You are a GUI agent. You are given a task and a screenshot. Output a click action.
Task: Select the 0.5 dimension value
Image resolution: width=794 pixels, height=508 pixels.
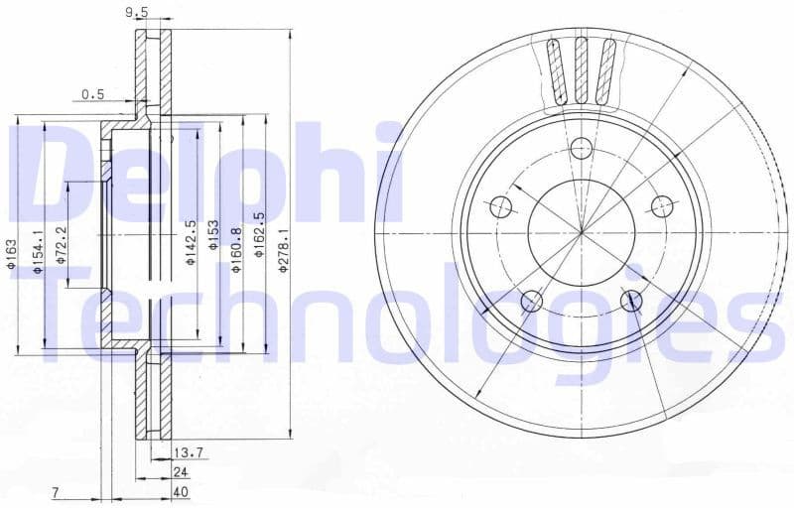[93, 94]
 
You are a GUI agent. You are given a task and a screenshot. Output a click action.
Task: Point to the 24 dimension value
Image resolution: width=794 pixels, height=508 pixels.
[181, 472]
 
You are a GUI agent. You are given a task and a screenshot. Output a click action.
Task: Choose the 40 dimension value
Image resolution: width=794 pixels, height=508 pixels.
[181, 492]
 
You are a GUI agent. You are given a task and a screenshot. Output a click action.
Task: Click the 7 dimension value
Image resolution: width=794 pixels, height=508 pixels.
[58, 492]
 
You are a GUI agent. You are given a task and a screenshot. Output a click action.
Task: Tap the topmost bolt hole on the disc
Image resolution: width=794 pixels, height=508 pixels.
[581, 149]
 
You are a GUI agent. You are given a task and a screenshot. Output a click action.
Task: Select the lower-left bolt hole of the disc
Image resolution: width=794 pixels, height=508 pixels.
[532, 301]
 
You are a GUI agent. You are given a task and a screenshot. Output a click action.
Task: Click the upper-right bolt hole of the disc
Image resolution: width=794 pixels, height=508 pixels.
[662, 206]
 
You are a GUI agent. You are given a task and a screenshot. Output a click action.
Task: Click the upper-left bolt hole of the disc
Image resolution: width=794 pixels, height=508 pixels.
[501, 206]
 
